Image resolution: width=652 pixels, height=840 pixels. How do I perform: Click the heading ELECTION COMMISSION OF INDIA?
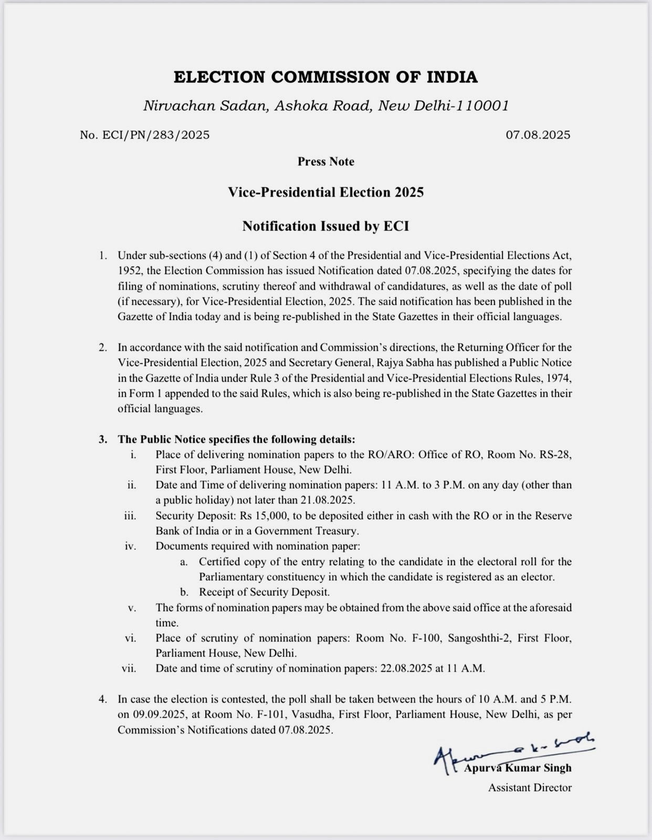coord(325,77)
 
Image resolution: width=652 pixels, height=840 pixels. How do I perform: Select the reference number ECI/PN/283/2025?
coord(145,135)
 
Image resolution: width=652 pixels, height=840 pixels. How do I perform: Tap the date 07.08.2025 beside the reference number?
coord(538,135)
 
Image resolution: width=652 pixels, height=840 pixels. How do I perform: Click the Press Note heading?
coord(325,162)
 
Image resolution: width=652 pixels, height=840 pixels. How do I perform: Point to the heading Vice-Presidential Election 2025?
coord(325,192)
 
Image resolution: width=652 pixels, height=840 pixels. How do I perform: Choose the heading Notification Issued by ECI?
coord(325,226)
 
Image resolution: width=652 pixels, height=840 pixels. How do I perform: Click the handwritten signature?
coord(514,752)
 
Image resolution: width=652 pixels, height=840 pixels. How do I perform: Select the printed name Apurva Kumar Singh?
coord(518,768)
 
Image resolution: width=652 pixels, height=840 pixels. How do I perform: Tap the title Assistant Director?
coord(530,787)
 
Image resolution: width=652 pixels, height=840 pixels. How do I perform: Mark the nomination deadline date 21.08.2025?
coord(328,500)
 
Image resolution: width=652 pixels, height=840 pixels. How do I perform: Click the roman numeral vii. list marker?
coord(129,669)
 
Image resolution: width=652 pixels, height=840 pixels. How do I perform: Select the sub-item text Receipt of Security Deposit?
coord(264,592)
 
